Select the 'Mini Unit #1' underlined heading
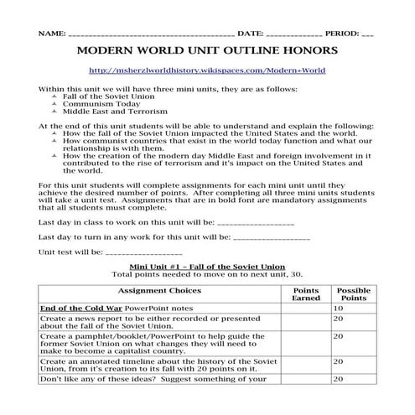pyautogui.click(x=206, y=267)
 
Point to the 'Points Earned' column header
pyautogui.click(x=303, y=294)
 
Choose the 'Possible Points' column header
pyautogui.click(x=352, y=294)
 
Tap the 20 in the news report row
pyautogui.click(x=339, y=319)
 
